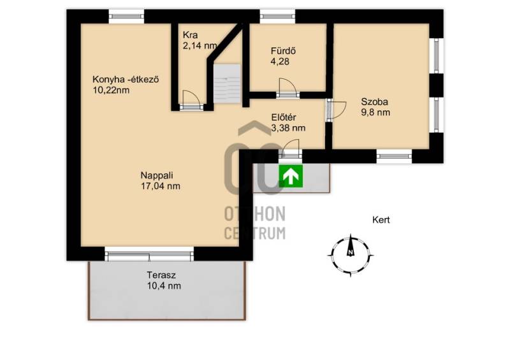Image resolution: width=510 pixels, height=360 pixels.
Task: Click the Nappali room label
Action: [x=156, y=175]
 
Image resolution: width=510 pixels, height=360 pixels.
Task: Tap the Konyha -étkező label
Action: [x=126, y=80]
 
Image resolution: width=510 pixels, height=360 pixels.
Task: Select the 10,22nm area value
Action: [x=111, y=90]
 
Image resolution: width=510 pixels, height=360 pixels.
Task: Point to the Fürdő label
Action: [x=283, y=51]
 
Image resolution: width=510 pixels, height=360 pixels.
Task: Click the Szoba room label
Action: [x=374, y=102]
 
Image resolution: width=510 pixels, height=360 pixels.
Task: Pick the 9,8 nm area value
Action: [x=375, y=113]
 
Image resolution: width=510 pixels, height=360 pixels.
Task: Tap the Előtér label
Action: [x=284, y=117]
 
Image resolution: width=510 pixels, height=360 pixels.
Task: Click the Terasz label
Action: [x=161, y=275]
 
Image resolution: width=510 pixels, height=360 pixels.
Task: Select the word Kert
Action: [x=381, y=220]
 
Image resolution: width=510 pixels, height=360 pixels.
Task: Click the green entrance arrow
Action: [x=291, y=176]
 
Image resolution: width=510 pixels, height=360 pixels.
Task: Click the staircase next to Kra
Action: [x=227, y=84]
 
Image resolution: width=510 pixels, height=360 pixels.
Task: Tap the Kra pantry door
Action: [x=191, y=101]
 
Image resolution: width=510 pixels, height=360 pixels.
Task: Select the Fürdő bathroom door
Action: [x=288, y=88]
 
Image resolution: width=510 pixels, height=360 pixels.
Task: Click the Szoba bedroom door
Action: [x=337, y=109]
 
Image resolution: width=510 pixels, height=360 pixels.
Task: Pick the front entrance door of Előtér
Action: [x=290, y=149]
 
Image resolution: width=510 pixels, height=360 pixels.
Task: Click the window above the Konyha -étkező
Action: [x=126, y=17]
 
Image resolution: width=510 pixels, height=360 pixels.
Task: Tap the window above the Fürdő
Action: [x=277, y=17]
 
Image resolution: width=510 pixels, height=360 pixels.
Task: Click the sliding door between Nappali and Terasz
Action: [x=149, y=254]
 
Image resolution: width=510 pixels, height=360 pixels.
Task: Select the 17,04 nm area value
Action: [x=161, y=186]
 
